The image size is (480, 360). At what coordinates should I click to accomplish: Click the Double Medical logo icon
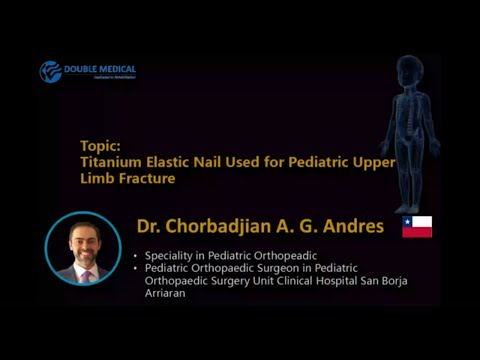51,72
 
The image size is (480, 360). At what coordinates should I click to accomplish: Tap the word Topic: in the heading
100,144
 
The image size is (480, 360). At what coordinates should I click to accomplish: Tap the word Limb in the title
98,178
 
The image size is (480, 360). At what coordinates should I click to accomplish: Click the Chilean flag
417,227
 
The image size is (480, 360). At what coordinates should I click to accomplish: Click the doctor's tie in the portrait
83,271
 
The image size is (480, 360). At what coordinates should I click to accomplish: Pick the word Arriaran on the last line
167,293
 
